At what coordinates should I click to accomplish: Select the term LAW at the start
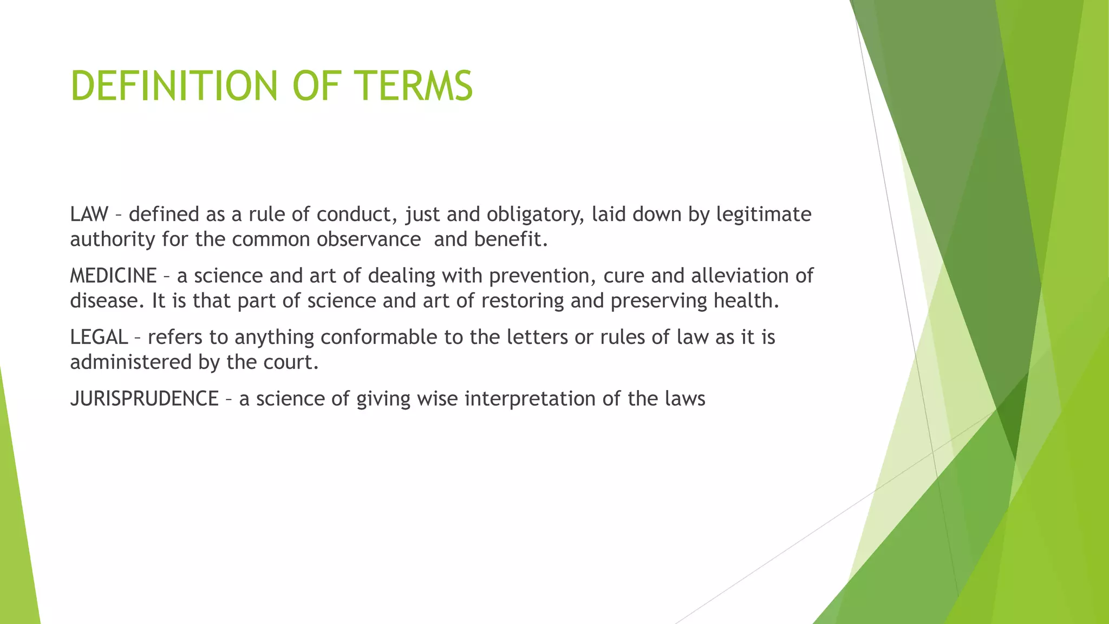coord(89,214)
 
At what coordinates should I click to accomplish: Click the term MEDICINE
coord(113,276)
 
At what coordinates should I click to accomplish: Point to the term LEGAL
coord(99,337)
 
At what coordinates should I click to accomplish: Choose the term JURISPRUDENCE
coord(144,399)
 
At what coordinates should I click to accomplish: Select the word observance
coord(368,239)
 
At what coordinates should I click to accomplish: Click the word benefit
coord(511,239)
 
